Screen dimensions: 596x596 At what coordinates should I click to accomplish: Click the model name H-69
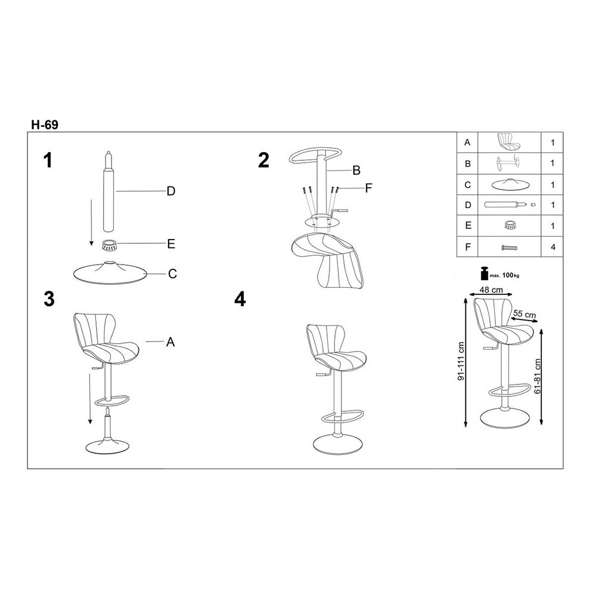tap(45, 125)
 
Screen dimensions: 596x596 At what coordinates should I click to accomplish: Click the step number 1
tap(48, 160)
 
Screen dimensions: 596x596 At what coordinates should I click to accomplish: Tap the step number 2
tap(263, 160)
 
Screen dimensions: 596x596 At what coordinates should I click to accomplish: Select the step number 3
tap(49, 299)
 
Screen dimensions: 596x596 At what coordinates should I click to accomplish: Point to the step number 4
tap(240, 299)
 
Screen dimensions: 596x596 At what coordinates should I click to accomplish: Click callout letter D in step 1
tap(171, 191)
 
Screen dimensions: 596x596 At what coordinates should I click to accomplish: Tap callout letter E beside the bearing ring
tap(171, 244)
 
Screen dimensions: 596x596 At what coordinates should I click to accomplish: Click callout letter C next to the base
tap(172, 274)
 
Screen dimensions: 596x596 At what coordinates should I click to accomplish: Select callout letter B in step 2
tap(356, 170)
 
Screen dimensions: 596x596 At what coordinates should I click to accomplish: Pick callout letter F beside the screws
tap(368, 188)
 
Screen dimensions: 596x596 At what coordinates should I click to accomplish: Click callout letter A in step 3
tap(170, 342)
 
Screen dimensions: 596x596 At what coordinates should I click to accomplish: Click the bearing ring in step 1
tap(109, 245)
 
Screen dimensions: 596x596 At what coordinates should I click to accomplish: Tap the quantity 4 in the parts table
tap(553, 247)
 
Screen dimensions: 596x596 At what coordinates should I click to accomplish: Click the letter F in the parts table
tap(467, 247)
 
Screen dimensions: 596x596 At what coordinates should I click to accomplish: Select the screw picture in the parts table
tap(510, 248)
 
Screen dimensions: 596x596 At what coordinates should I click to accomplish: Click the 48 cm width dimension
tap(491, 290)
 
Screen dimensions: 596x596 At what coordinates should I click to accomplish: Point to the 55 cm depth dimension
tap(524, 314)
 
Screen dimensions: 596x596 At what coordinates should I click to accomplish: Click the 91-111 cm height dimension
tap(461, 362)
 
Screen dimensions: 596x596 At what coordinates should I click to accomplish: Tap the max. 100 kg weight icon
tap(485, 274)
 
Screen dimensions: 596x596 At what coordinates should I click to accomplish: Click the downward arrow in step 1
tap(91, 222)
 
